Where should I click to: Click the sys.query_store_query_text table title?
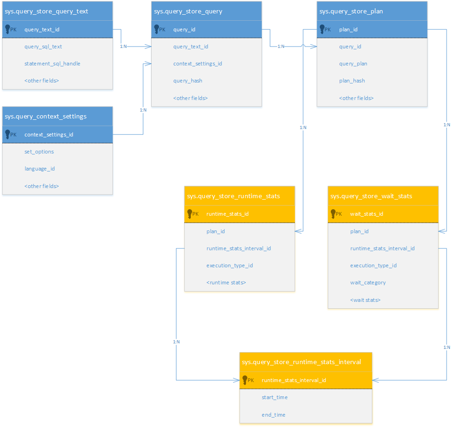click(47, 11)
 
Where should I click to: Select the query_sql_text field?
click(43, 47)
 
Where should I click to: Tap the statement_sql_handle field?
click(52, 64)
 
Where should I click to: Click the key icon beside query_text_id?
click(8, 29)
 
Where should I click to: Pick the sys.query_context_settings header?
click(46, 116)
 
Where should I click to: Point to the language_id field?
click(40, 169)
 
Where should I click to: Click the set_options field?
click(39, 152)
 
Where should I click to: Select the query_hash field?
click(188, 81)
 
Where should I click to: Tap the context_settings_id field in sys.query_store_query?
click(198, 64)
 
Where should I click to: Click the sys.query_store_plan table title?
click(351, 11)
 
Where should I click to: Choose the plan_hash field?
click(352, 81)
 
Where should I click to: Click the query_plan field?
click(353, 64)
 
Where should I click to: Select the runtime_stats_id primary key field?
click(228, 214)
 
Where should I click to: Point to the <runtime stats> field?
click(226, 283)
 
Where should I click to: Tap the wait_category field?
click(368, 283)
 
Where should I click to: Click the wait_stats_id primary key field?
click(367, 214)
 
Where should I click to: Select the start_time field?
click(275, 397)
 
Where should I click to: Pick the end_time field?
click(274, 415)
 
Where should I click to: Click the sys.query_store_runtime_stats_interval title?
click(301, 362)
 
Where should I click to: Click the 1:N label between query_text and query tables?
click(124, 47)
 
